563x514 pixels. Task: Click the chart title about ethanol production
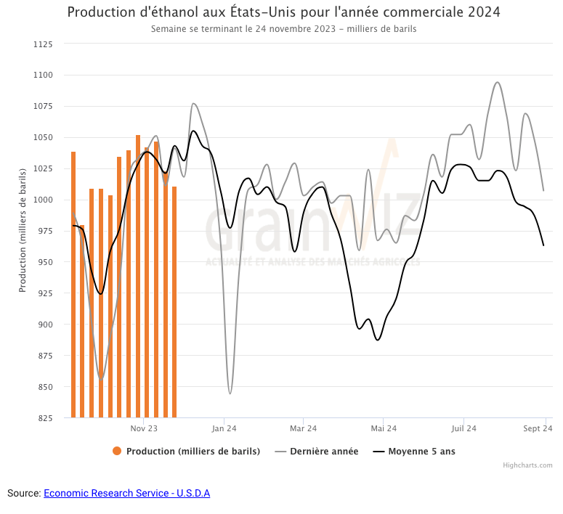coord(283,12)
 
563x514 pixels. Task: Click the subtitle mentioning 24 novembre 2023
coord(283,29)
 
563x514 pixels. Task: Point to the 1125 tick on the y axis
coord(43,44)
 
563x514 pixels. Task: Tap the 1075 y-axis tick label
coord(43,107)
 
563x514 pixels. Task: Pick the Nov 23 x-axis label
coord(144,429)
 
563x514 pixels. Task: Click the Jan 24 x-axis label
coord(224,429)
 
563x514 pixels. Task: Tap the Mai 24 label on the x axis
coord(383,429)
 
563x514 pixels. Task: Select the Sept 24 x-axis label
coord(538,429)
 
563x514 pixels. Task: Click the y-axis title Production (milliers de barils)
coord(23,230)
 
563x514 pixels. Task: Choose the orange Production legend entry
coord(187,452)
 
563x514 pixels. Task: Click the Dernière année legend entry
coord(317,452)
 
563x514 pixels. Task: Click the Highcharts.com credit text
coord(527,465)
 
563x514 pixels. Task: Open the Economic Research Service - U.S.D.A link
coord(126,494)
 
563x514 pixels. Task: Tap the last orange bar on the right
coord(174,301)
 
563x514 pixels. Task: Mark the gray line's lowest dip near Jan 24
coord(230,393)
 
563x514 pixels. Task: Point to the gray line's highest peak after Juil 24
coord(497,82)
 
